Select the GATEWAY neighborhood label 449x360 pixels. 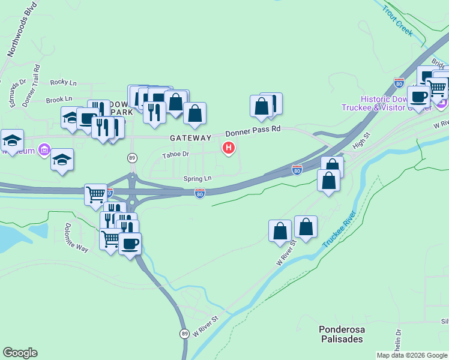click(190, 138)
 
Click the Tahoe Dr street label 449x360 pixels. click(176, 155)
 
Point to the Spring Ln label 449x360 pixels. click(197, 178)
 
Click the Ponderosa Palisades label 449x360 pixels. click(341, 334)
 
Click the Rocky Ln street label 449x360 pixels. click(64, 82)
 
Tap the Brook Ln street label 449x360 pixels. click(59, 99)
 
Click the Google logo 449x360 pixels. click(20, 353)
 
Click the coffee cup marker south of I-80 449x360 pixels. click(130, 244)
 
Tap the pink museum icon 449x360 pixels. click(44, 149)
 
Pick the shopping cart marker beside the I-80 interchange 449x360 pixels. click(95, 194)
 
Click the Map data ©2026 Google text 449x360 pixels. click(412, 355)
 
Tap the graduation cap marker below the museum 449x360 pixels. click(62, 160)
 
